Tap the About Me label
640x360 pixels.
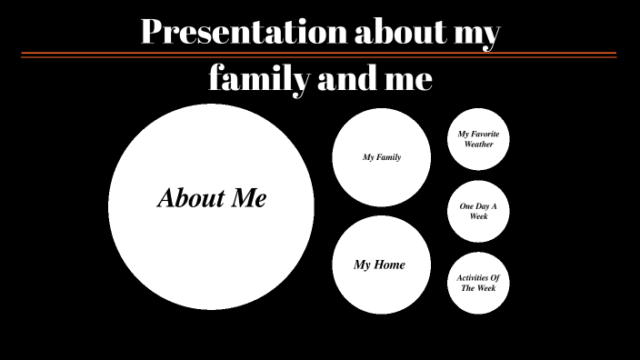click(212, 198)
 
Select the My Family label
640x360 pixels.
click(382, 157)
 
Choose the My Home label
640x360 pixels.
click(379, 265)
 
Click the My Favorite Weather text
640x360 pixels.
click(478, 139)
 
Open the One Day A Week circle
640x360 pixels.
click(478, 212)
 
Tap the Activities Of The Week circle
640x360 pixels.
click(478, 283)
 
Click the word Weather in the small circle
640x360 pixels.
click(478, 145)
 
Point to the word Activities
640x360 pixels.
click(478, 277)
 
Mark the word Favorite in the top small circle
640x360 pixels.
click(485, 134)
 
